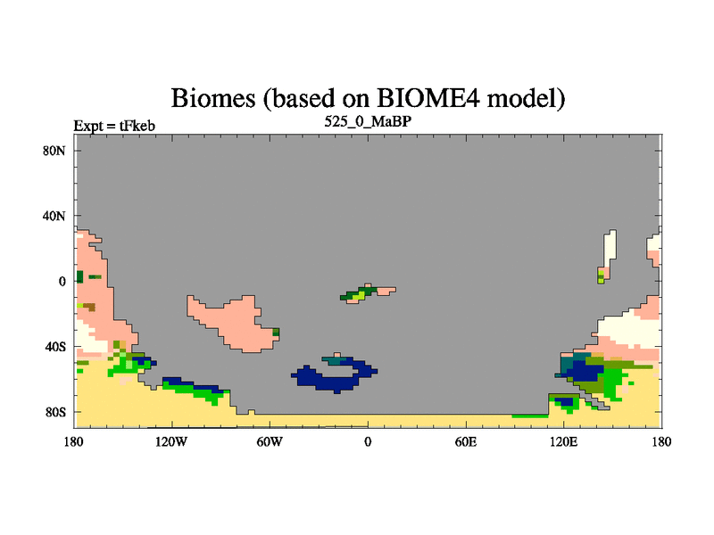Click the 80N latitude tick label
tap(54, 151)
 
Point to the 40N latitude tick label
tap(54, 216)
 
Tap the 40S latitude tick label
tap(55, 347)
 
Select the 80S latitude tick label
tap(55, 412)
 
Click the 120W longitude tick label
tap(171, 441)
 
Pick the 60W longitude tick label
tap(270, 441)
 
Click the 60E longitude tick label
tap(466, 441)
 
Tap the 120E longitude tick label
tap(564, 441)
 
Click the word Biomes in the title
tap(213, 98)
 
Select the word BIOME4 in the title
tap(428, 98)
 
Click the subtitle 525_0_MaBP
tap(368, 121)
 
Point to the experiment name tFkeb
tap(137, 126)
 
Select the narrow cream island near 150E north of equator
tap(610, 251)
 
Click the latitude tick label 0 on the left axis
tap(62, 282)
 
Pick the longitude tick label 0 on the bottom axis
tap(368, 441)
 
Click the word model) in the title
tap(527, 98)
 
